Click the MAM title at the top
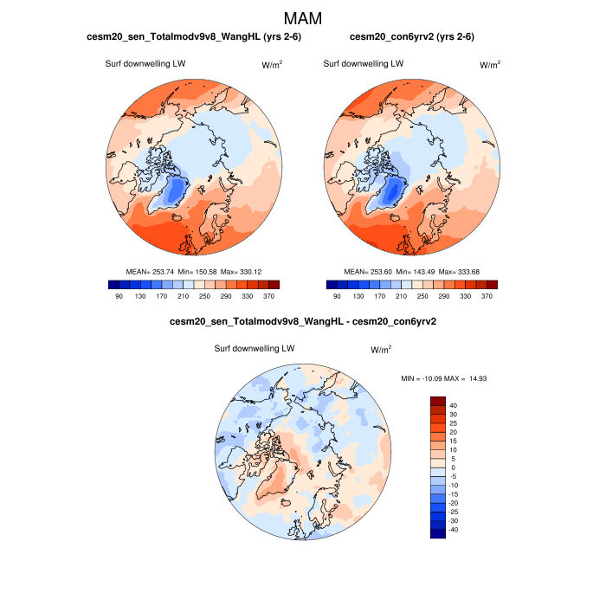tap(303, 18)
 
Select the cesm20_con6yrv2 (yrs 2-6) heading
tap(411, 37)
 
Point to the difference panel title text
tap(302, 322)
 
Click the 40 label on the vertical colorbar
tap(454, 404)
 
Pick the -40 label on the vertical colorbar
tap(454, 530)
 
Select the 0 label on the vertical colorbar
tap(452, 467)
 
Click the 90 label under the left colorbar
tap(119, 296)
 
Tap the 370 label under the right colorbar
tap(487, 296)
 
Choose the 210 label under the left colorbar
tap(183, 296)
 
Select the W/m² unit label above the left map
tap(271, 64)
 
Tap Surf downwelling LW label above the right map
tap(363, 63)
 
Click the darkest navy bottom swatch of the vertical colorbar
tap(438, 532)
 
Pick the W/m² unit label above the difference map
tap(380, 349)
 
